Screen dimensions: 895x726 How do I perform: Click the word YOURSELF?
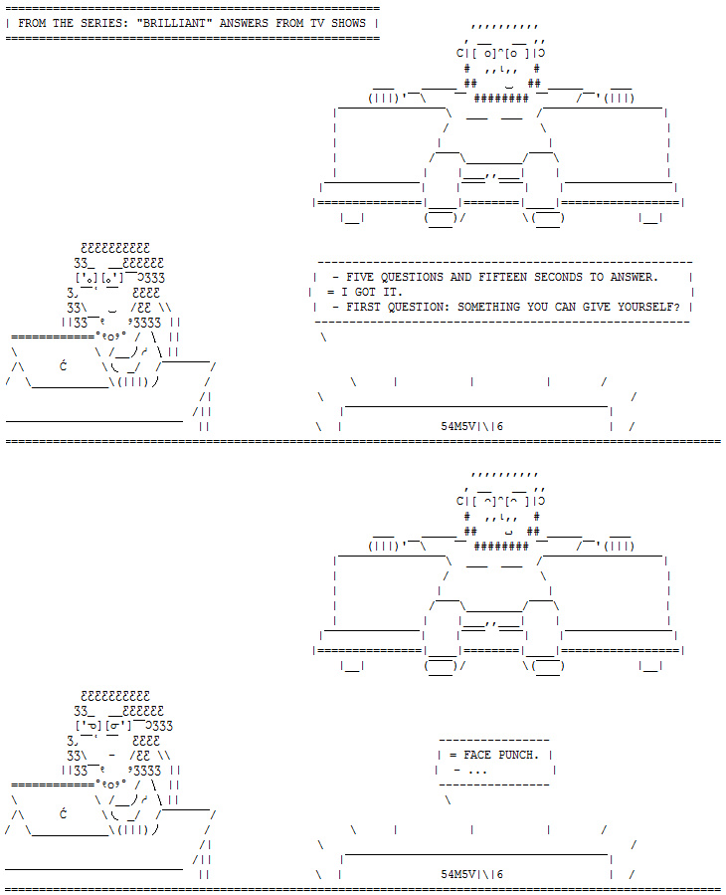(x=647, y=307)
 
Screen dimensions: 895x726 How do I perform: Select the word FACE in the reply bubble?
(x=478, y=755)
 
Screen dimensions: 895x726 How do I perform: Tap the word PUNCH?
(x=517, y=755)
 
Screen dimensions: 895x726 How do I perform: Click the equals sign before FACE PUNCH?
(x=453, y=755)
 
